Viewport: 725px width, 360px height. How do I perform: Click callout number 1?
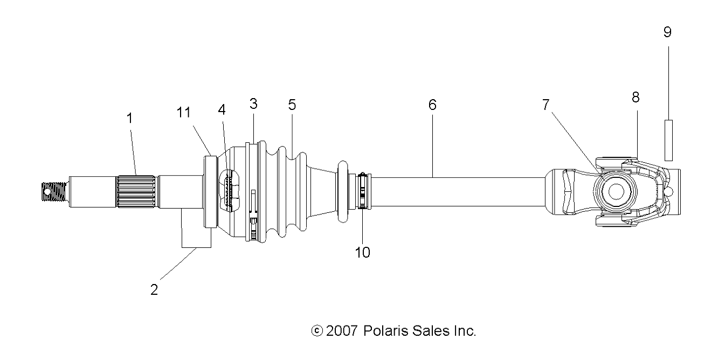click(x=130, y=119)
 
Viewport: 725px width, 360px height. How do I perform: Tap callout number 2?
click(x=154, y=289)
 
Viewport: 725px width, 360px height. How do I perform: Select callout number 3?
click(x=253, y=104)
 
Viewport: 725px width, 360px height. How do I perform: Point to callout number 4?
click(x=222, y=109)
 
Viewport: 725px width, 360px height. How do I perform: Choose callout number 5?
click(x=292, y=105)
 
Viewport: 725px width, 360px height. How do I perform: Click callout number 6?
click(x=432, y=105)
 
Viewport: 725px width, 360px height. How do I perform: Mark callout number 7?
click(x=546, y=105)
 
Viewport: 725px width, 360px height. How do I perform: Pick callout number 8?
click(x=636, y=98)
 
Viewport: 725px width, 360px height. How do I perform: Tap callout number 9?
click(x=667, y=32)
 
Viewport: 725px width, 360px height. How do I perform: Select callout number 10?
click(x=362, y=252)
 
